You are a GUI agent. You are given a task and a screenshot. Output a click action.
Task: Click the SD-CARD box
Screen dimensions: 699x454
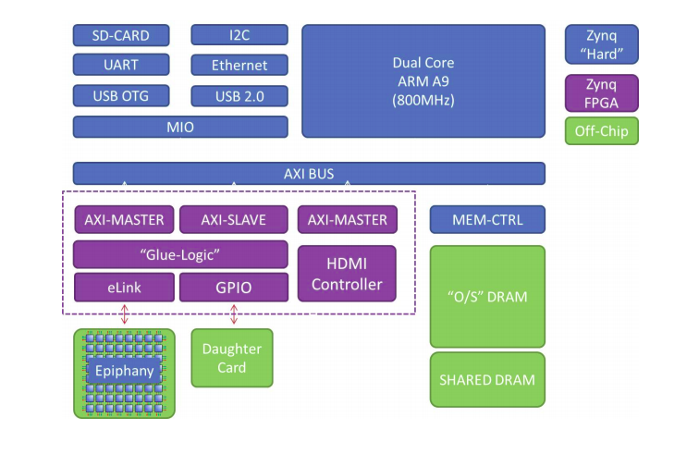coord(121,35)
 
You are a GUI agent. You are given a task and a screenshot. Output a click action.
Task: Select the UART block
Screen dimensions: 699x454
coord(121,65)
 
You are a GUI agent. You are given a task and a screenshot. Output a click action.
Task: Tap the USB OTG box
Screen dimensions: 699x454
coord(121,96)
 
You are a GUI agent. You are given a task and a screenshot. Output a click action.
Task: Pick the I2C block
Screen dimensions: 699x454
coord(239,35)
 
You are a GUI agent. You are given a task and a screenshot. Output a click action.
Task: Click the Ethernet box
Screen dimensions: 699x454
coord(239,65)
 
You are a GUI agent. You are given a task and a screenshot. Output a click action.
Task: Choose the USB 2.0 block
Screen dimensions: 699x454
coord(239,96)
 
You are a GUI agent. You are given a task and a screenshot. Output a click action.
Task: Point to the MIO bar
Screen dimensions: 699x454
coord(180,127)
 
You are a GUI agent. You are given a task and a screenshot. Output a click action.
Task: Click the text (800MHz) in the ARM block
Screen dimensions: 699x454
coord(423,100)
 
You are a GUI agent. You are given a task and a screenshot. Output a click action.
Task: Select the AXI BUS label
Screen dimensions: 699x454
coord(309,174)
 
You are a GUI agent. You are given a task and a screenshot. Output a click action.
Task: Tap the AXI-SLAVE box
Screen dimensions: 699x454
coord(234,219)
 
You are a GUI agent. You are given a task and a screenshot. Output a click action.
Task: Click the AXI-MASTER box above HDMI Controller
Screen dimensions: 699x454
coord(348,219)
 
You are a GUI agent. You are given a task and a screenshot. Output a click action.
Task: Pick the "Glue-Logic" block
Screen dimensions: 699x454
coord(180,254)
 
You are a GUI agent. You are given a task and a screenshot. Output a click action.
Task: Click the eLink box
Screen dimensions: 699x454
coord(125,288)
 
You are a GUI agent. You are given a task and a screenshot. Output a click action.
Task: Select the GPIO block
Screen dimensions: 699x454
coord(234,288)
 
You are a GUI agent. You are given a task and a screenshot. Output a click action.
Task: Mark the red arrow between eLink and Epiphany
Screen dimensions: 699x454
coord(125,314)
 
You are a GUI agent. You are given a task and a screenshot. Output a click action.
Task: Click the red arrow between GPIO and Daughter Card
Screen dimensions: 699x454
coord(234,314)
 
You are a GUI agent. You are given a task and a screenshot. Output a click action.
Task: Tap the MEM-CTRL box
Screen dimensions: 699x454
coord(487,219)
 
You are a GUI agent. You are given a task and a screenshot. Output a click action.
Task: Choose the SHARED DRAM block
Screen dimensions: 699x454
coord(487,379)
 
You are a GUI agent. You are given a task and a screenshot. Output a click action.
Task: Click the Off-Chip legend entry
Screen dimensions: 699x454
coord(602,131)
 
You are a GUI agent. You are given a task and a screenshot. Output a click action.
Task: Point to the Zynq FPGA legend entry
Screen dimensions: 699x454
coord(602,93)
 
